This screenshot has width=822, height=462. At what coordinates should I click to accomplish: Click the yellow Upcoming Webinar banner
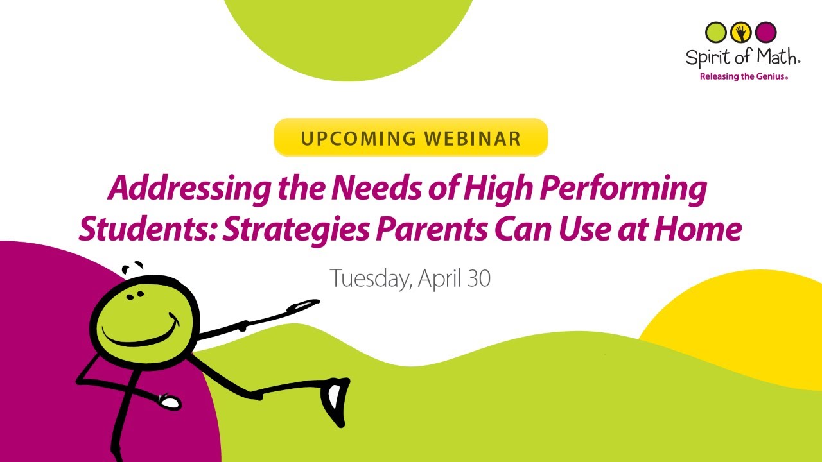410,137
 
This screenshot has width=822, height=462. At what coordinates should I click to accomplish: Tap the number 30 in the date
479,278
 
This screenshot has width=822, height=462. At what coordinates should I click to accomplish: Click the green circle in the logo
716,31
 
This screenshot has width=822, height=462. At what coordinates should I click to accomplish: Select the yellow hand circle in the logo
741,31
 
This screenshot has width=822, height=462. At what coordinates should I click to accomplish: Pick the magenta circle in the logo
766,31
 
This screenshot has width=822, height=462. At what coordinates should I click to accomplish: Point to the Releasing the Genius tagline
743,76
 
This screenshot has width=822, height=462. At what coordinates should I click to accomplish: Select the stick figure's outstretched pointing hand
303,306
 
